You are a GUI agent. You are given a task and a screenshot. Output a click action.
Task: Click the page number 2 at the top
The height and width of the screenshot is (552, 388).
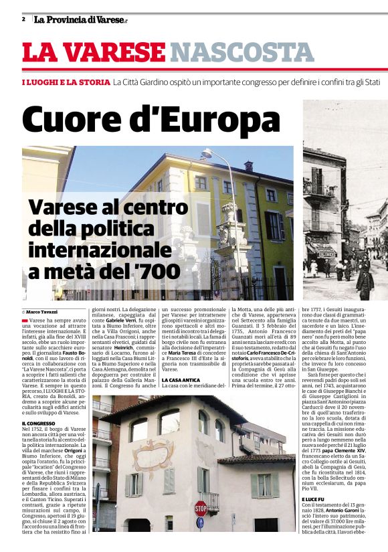click(23, 19)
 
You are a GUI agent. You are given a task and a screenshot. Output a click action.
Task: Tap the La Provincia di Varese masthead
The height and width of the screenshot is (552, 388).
click(80, 19)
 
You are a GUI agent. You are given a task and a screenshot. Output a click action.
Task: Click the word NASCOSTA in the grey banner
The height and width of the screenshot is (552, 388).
click(232, 52)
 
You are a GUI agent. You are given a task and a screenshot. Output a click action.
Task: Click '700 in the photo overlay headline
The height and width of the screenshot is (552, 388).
click(160, 271)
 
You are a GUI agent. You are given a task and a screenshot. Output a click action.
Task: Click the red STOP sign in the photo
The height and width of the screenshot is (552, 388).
click(201, 507)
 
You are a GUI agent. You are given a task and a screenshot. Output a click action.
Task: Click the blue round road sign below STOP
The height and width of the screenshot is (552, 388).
click(200, 522)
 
